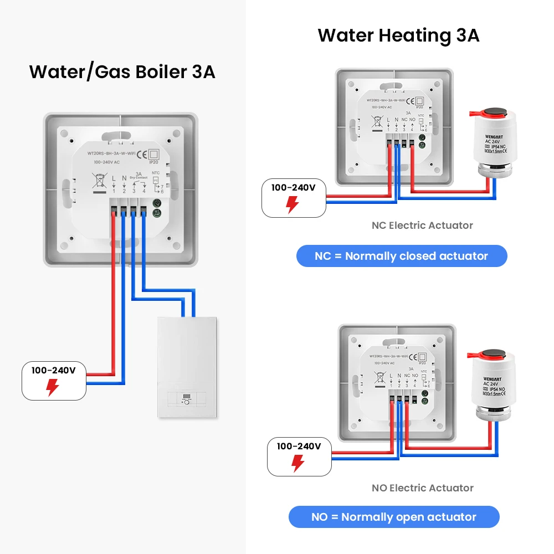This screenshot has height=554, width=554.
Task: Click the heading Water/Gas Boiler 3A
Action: point(122,72)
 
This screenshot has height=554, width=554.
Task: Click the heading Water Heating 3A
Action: point(398,35)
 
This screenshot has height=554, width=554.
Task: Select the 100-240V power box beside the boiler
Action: point(54,380)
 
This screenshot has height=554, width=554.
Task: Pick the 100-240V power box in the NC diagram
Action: point(294,197)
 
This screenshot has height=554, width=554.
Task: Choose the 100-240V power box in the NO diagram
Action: point(299,455)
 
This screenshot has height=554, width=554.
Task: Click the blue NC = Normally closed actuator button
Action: point(402,256)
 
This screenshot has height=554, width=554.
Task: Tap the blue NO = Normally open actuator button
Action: point(394,517)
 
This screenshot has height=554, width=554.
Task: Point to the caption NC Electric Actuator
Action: point(422,225)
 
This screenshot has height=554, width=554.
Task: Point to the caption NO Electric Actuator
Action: point(422,488)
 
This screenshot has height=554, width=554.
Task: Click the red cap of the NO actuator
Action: point(489,357)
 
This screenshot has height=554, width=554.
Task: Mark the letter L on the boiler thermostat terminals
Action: point(114,178)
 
